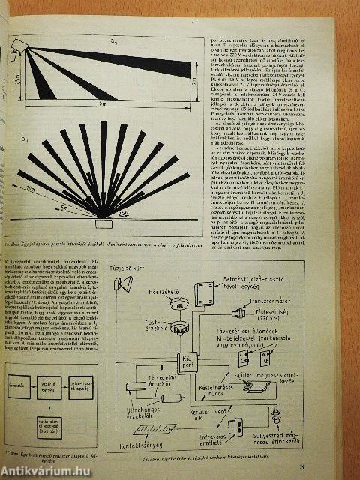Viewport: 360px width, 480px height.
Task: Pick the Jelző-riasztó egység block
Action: click(x=80, y=388)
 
